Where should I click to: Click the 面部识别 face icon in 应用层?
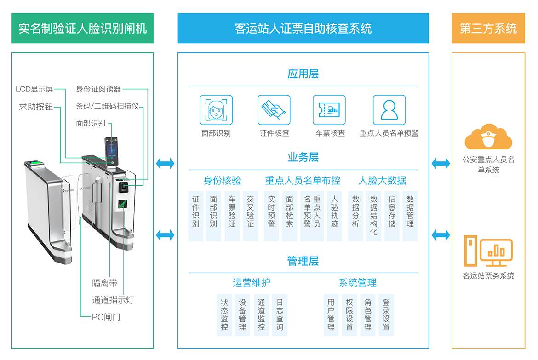(x=216, y=110)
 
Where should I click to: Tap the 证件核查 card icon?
(x=274, y=110)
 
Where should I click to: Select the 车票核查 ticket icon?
(x=329, y=110)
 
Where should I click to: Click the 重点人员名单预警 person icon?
(x=389, y=110)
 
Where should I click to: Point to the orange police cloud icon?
(x=488, y=137)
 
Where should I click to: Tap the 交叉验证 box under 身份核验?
(x=250, y=216)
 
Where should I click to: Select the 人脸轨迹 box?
(x=334, y=216)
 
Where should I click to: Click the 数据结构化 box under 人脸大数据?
(x=373, y=216)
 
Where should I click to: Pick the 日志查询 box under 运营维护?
(x=280, y=315)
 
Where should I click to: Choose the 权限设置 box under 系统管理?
(x=349, y=315)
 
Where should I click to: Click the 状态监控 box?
(x=224, y=315)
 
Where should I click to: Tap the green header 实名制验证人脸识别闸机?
(x=83, y=29)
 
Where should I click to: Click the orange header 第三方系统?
(x=488, y=29)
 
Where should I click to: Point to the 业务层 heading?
(x=303, y=157)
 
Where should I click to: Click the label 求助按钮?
(x=36, y=107)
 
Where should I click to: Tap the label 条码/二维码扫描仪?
(x=107, y=106)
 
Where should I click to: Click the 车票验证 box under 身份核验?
(x=232, y=216)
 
